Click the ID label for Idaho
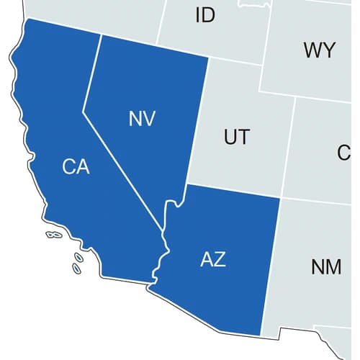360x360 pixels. (x=205, y=15)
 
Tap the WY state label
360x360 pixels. (x=319, y=50)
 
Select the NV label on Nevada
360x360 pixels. (x=143, y=120)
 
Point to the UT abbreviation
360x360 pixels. (x=237, y=137)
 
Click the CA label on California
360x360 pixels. (x=76, y=167)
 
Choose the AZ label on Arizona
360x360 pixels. (x=212, y=259)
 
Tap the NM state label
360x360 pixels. (x=326, y=266)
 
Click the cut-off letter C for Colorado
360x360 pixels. (x=344, y=153)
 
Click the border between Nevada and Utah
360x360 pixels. (x=198, y=122)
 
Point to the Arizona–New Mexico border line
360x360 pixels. (x=270, y=266)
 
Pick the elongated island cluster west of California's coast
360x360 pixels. (x=53, y=235)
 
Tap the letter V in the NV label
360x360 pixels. (x=149, y=120)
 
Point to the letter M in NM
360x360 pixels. (x=333, y=266)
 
